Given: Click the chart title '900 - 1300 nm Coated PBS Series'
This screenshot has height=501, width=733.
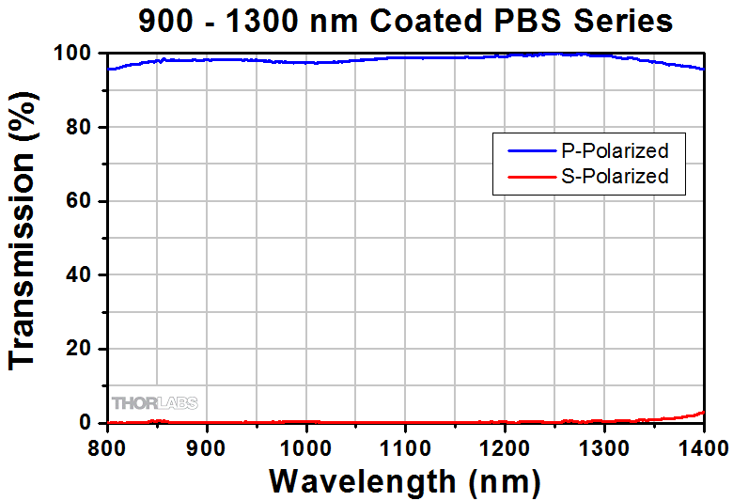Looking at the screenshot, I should [x=405, y=20].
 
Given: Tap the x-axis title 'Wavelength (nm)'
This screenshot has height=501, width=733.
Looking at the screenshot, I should [x=405, y=481].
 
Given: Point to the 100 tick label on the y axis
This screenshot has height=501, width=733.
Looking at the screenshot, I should [x=77, y=55].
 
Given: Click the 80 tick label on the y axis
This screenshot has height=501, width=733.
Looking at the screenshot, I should [x=83, y=128].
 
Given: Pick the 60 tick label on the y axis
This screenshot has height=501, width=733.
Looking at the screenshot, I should [x=83, y=202].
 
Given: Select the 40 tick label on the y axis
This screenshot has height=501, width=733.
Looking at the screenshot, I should [x=83, y=275].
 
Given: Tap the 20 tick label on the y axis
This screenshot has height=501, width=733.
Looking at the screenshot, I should [x=83, y=350].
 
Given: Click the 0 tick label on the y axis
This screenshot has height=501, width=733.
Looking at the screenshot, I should [x=89, y=423].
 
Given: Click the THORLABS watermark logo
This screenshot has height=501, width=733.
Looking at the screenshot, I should [x=155, y=403].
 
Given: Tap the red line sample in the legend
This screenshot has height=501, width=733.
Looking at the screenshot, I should [x=529, y=176].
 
